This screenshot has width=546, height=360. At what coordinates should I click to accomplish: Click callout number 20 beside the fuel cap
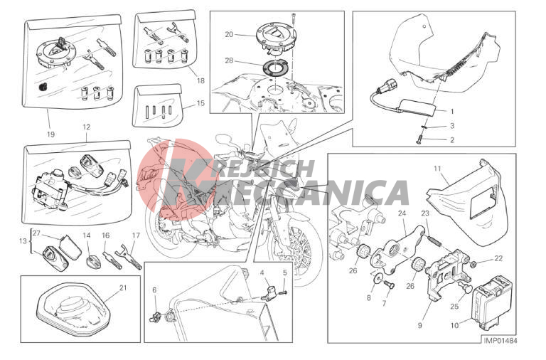point(229,34)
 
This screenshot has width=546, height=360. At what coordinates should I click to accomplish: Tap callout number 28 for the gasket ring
point(229,60)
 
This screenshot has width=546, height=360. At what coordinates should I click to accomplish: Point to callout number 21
point(122,288)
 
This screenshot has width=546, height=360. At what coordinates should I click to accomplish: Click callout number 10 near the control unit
point(454,326)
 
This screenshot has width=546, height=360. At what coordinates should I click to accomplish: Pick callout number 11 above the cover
point(437,169)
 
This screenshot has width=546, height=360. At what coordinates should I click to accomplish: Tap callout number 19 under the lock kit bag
point(51,134)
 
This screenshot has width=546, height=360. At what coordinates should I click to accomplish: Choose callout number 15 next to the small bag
point(200,103)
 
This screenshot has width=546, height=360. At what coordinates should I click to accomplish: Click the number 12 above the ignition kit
point(86,127)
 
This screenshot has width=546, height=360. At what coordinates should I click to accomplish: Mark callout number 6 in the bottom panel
point(154,290)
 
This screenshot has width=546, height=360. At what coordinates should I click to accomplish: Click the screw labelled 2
point(419,140)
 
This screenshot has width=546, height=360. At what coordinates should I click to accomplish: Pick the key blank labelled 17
point(130,257)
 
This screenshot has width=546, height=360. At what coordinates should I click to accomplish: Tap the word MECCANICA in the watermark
point(316,193)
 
